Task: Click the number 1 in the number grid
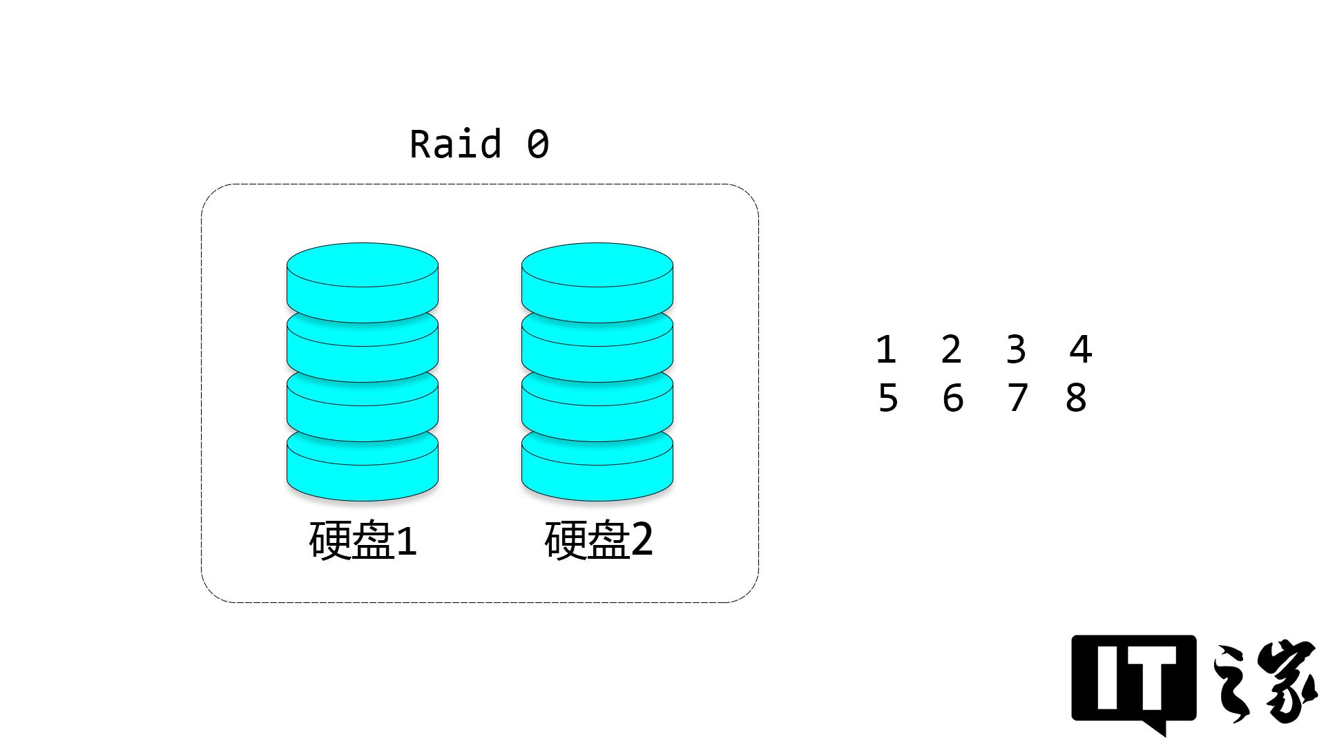tap(886, 350)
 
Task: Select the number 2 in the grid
tap(951, 350)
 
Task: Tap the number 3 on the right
tap(1016, 350)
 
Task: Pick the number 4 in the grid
tap(1080, 350)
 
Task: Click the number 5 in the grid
tap(887, 399)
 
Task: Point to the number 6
tap(952, 399)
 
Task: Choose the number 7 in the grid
tap(1017, 399)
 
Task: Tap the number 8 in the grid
tap(1076, 399)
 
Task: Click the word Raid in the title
tap(455, 144)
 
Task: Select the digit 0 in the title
tap(538, 144)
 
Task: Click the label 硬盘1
tap(363, 540)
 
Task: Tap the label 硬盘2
tap(598, 540)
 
